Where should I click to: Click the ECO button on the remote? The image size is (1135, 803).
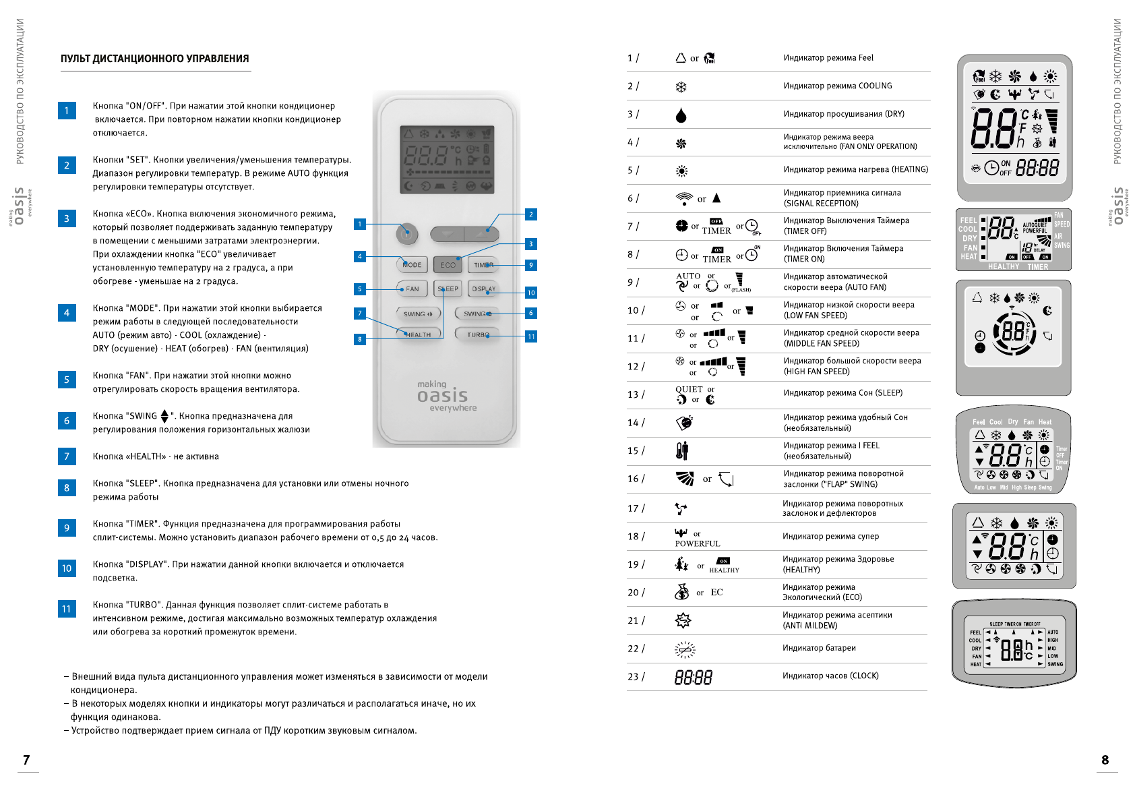[x=448, y=265]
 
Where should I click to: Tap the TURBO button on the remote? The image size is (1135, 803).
[x=477, y=334]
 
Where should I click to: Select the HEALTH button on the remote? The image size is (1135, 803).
[x=418, y=334]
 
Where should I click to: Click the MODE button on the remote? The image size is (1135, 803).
[x=412, y=265]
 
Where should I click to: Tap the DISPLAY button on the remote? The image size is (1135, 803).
[x=483, y=289]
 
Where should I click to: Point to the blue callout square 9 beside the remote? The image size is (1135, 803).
[x=531, y=265]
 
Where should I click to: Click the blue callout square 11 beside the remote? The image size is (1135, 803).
[x=531, y=336]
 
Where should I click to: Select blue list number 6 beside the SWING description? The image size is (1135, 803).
[x=67, y=421]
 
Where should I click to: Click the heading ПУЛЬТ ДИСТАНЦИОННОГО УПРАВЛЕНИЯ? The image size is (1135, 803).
[x=155, y=59]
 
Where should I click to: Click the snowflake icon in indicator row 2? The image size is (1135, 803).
[x=681, y=87]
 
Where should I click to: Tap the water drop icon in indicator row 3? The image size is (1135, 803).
[x=681, y=115]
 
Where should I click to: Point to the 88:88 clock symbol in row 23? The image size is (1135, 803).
[x=694, y=677]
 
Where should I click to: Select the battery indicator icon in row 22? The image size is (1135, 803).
[x=685, y=649]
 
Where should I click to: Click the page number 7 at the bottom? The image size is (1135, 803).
[x=26, y=760]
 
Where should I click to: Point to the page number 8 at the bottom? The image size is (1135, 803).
[x=1105, y=760]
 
